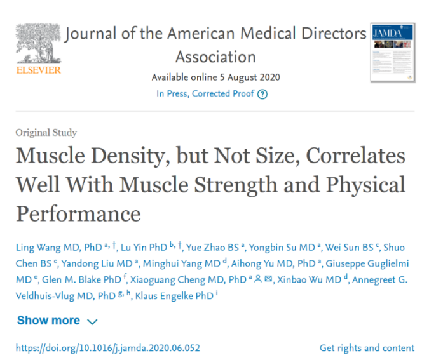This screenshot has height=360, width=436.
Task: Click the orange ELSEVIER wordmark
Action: [x=38, y=70]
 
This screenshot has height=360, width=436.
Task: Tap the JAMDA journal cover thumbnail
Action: [x=393, y=52]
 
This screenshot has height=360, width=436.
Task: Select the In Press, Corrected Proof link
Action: [x=205, y=94]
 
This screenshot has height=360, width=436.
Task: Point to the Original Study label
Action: [x=46, y=133]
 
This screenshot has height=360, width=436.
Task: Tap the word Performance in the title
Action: [x=78, y=213]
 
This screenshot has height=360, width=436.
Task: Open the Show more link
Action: [x=49, y=321]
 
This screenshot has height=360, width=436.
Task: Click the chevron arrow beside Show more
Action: [x=92, y=322]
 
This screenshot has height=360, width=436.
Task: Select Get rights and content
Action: [x=367, y=348]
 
